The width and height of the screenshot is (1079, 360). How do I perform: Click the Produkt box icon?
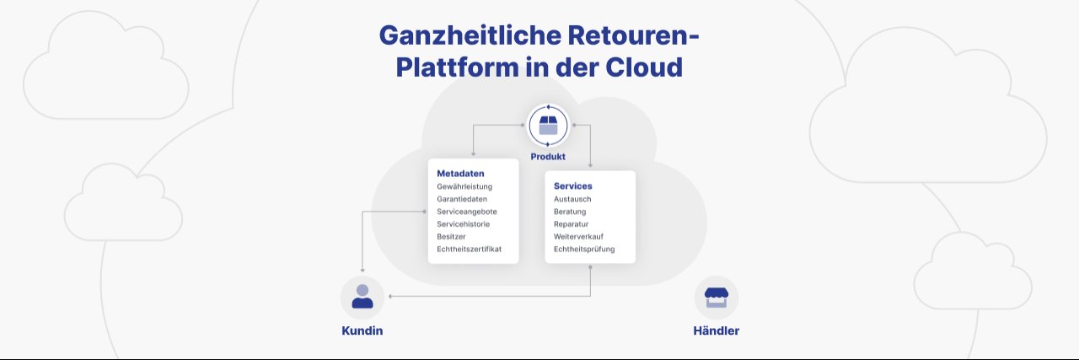548,126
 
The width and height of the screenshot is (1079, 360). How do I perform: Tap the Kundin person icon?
362,297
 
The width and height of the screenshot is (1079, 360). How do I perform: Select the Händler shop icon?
716,297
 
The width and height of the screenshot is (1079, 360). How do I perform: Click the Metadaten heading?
460,174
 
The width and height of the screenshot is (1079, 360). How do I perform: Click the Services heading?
572,185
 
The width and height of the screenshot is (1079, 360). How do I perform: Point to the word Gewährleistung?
464,186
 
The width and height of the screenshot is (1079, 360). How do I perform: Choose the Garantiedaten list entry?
462,199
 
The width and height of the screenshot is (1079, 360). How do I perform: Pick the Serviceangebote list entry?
467,212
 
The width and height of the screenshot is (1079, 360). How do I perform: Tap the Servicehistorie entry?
463,224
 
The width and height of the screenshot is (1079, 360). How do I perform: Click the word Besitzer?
451,237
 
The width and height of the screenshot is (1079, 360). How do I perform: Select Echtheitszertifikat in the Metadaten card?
469,250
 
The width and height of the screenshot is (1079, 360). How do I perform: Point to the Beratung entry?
570,212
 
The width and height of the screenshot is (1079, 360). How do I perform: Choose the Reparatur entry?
571,224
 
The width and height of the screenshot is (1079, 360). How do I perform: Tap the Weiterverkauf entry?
578,237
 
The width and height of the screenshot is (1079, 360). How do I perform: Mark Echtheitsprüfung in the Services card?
584,250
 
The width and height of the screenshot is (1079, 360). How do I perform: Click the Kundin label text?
362,331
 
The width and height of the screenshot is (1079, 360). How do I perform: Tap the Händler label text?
716,331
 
